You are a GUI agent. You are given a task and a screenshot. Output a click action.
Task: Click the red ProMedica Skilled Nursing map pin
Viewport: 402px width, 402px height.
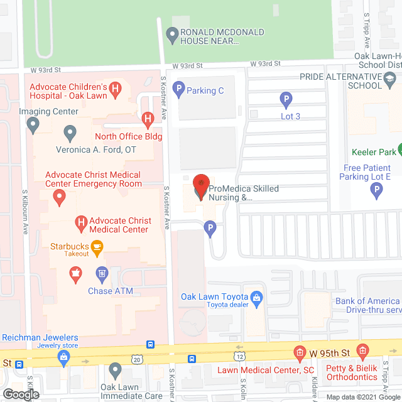click(x=200, y=186)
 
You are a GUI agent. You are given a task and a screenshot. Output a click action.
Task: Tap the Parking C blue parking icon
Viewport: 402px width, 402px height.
click(x=178, y=90)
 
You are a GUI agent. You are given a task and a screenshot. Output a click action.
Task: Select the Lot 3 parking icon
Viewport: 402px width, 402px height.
click(x=286, y=99)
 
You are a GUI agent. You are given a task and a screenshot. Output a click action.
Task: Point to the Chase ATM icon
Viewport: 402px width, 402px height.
click(x=102, y=274)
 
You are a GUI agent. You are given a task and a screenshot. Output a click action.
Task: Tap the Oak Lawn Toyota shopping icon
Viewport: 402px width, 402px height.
click(x=256, y=297)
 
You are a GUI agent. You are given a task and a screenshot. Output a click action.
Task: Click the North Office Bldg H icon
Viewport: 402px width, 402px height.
click(x=147, y=118)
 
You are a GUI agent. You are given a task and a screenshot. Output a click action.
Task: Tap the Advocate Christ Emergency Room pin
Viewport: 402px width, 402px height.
click(x=60, y=198)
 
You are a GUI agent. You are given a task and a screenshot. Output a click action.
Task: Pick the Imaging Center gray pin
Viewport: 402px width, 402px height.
click(x=33, y=126)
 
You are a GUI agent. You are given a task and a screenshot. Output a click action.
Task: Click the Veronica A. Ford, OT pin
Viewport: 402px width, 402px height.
click(x=70, y=133)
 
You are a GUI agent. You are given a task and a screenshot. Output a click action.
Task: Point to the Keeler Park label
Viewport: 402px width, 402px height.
click(x=374, y=151)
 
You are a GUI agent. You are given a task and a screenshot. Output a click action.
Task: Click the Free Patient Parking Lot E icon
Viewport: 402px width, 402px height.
click(x=377, y=191)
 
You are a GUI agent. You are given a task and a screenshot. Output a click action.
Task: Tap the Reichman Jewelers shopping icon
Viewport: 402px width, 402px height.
click(x=63, y=359)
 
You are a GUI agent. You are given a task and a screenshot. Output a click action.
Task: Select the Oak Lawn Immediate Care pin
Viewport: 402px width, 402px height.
click(x=115, y=369)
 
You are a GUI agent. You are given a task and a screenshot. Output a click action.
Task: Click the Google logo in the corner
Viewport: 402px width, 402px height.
click(x=20, y=394)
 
